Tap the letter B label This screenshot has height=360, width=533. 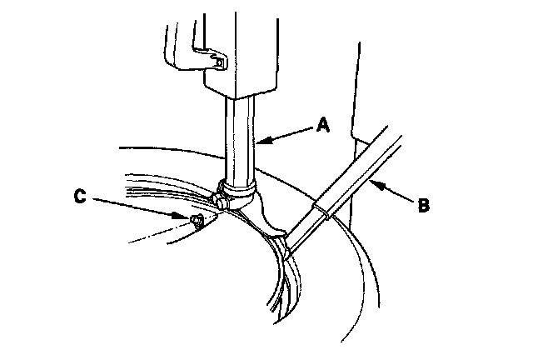pyautogui.click(x=423, y=204)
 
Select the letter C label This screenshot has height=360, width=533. pyautogui.click(x=80, y=197)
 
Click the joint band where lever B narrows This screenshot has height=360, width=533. pyautogui.click(x=321, y=208)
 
